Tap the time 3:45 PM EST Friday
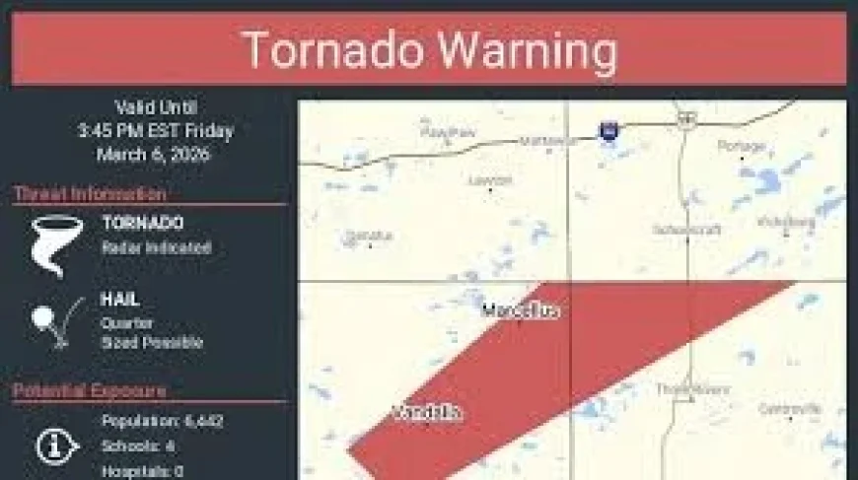(156, 130)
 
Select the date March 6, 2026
(153, 154)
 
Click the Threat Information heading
(90, 194)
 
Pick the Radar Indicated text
(156, 248)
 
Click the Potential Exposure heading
(90, 391)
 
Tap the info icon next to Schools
(57, 446)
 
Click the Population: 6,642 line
(163, 422)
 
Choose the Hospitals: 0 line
(143, 471)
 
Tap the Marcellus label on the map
(521, 311)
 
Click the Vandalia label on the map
(428, 413)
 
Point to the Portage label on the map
(742, 146)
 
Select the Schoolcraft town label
(687, 229)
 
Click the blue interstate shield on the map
(608, 129)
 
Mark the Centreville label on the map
(790, 408)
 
